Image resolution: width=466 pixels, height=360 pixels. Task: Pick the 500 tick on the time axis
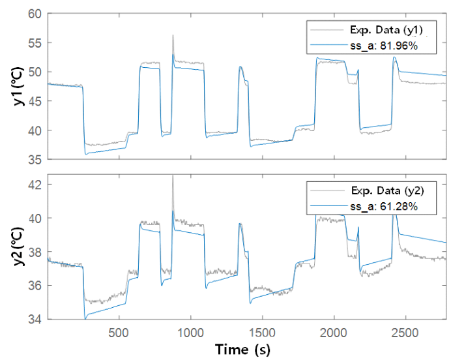[119, 331]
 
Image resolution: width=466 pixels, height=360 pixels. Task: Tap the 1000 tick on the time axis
[190, 331]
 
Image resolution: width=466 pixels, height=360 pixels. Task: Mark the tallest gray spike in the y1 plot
[173, 36]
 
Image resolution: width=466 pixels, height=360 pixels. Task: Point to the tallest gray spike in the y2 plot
[173, 176]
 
